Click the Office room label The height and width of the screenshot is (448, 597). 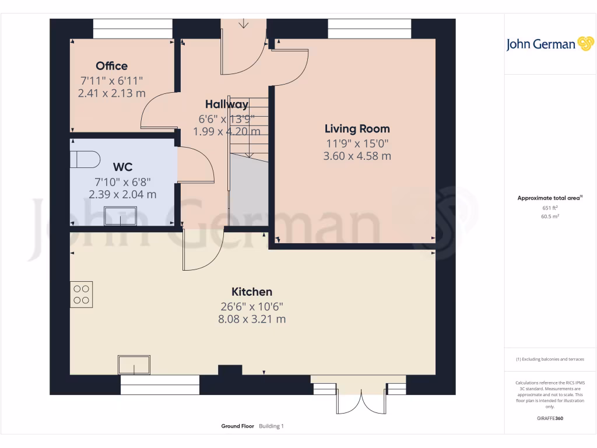[111, 66]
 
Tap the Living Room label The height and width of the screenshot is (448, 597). [357, 129]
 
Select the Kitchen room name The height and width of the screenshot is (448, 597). [252, 292]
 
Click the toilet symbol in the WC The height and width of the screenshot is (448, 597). [85, 159]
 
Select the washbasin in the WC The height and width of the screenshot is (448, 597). [120, 215]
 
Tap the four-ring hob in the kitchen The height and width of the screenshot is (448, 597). [82, 295]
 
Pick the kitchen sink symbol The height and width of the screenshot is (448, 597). [134, 365]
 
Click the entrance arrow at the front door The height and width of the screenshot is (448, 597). [243, 24]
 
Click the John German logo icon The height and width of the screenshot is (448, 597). [585, 44]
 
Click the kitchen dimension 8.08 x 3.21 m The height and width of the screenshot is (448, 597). [252, 319]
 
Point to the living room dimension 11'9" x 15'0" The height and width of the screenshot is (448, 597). [357, 143]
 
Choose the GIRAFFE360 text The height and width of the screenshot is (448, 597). [550, 418]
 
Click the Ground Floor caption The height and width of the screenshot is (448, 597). [237, 426]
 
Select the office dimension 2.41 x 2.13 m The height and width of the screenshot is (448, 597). [111, 93]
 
